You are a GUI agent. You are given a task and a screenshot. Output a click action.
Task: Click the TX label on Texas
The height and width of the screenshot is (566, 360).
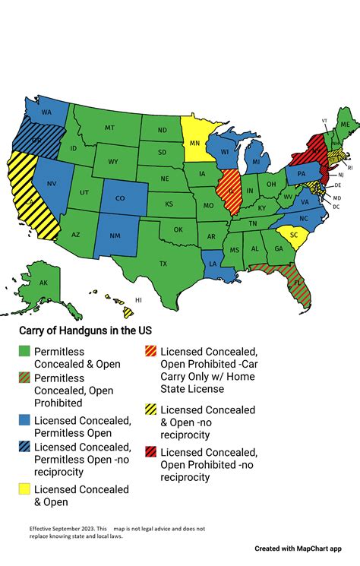163,264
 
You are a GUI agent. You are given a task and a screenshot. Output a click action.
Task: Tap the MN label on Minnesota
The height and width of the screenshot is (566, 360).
194,142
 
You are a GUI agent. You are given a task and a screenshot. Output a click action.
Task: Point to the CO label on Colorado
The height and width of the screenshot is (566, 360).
119,198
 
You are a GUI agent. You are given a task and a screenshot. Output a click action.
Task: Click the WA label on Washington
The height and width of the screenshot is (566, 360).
46,112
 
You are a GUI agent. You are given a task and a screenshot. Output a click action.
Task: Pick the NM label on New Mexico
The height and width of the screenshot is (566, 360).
115,236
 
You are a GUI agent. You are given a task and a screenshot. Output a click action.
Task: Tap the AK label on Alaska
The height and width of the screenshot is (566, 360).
43,283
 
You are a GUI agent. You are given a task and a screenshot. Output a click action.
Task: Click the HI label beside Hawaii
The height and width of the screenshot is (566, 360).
138,300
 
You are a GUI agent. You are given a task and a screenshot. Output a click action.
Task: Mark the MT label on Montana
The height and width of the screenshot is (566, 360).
109,128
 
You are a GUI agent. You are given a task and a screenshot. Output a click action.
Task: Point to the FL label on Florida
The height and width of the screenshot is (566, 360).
298,282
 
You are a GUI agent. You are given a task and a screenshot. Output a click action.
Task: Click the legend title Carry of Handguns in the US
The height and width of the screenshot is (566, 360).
85,330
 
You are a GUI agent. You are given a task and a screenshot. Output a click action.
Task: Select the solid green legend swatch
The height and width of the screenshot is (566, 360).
24,350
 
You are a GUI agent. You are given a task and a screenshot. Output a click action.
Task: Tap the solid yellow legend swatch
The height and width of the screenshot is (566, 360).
24,490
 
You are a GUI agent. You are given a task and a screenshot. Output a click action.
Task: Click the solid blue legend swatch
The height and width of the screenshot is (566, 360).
24,420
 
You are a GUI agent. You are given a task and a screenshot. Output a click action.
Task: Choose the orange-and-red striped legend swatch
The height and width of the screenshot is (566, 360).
151,350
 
